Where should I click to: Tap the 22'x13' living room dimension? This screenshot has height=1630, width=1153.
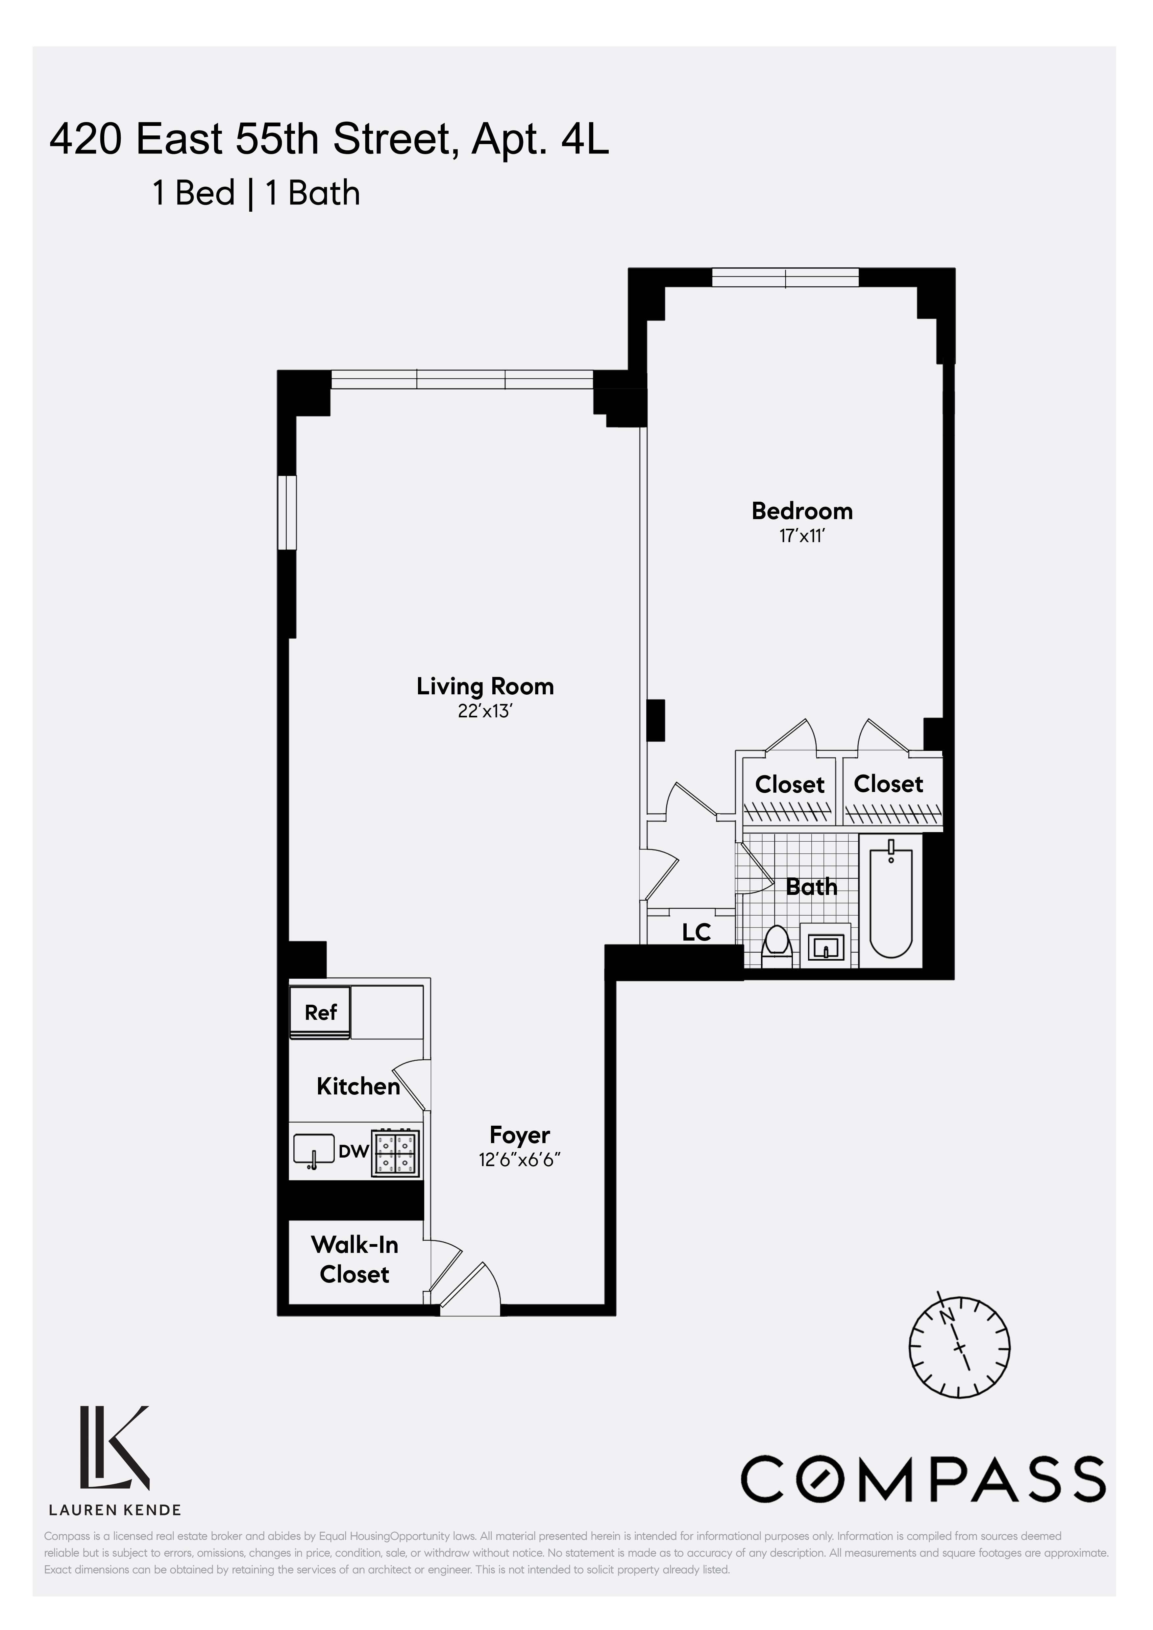click(485, 711)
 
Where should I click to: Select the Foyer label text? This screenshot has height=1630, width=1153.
click(520, 1135)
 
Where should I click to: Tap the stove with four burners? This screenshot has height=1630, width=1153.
click(395, 1154)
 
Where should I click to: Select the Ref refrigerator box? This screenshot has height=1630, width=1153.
click(320, 1012)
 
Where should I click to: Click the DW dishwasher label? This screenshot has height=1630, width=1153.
click(353, 1152)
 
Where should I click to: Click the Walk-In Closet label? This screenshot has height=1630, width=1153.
click(354, 1259)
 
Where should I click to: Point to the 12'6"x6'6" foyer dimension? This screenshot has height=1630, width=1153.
click(520, 1160)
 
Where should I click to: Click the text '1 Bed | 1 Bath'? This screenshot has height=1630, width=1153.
click(256, 193)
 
